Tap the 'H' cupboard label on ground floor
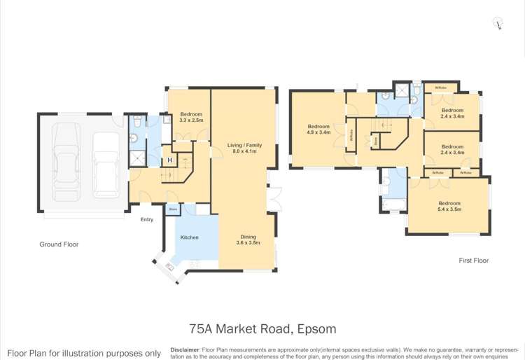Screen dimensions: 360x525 point(169,160)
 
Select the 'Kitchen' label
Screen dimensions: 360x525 point(190,237)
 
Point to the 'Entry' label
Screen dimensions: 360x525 point(147,219)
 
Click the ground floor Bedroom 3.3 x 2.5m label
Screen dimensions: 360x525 point(191,117)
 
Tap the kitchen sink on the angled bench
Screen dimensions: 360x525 point(169,266)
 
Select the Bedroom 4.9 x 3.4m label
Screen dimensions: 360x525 point(318,129)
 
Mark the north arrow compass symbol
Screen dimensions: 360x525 point(498,24)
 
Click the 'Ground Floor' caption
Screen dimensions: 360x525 point(59,244)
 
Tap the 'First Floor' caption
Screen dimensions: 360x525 point(473,260)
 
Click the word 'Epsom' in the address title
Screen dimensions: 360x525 point(316,328)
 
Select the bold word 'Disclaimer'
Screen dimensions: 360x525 point(185,348)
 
